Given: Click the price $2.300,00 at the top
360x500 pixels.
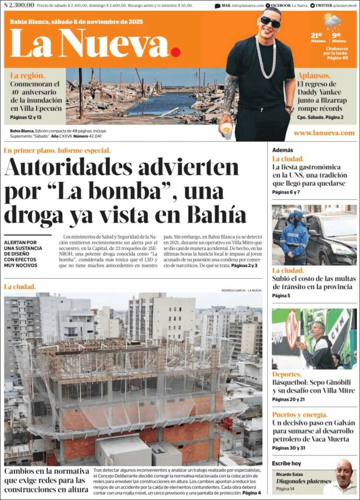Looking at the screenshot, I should [x=19, y=5].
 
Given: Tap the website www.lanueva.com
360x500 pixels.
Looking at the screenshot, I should [x=324, y=133].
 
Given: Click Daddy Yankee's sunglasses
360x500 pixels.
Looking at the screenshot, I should [x=270, y=22].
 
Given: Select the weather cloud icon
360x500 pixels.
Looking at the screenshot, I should [x=332, y=21].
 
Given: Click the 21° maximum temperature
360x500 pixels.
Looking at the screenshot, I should [x=316, y=36].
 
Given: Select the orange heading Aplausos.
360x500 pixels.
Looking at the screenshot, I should [x=314, y=76].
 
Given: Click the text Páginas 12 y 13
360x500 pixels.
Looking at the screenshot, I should [x=26, y=117].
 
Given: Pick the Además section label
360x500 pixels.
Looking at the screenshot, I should [x=282, y=150].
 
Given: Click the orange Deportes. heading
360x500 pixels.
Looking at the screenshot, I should [x=287, y=374].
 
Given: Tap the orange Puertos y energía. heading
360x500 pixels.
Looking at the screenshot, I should [x=300, y=415].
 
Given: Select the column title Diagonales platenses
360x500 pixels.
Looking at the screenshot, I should [x=303, y=481].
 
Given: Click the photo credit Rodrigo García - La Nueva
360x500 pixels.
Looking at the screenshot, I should [x=241, y=290].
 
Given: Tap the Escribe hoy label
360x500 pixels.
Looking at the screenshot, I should [x=286, y=463].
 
